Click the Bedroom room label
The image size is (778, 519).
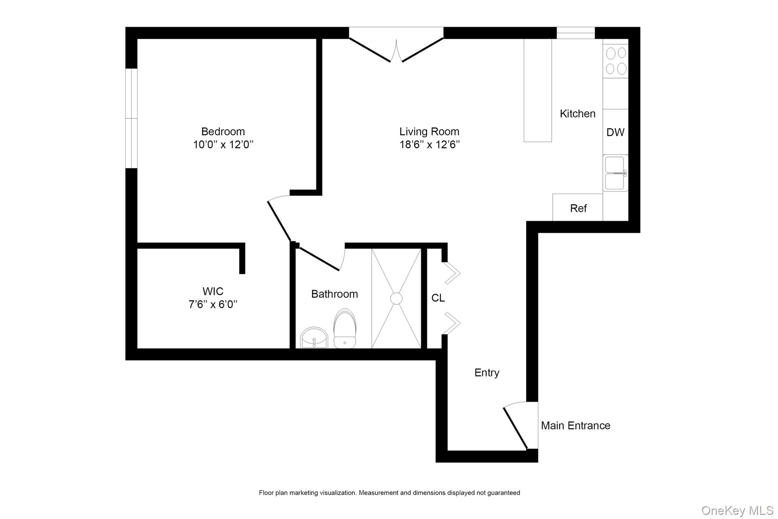tap(223, 132)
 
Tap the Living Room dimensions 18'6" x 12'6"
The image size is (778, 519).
tap(429, 145)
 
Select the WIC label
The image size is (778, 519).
tap(213, 292)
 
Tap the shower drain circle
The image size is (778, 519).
tap(396, 298)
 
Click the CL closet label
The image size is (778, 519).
tap(438, 298)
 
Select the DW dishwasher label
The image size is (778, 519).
tap(615, 132)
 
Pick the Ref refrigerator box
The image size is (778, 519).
tap(578, 208)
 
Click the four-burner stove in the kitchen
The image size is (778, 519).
tap(616, 61)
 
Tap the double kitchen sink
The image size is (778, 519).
tap(615, 173)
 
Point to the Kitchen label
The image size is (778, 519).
tap(577, 114)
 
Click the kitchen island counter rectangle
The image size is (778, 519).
tap(538, 90)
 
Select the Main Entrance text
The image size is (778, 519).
tap(575, 425)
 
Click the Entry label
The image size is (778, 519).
tap(487, 373)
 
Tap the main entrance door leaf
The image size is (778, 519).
tap(515, 428)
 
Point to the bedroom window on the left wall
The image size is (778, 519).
tap(131, 118)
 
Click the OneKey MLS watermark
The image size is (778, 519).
tap(737, 510)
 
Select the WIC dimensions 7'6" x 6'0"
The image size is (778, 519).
tap(213, 305)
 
